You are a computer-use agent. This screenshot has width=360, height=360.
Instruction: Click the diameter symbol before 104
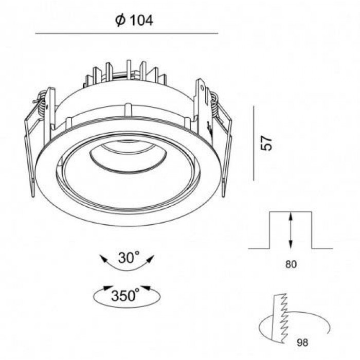(x=120, y=20)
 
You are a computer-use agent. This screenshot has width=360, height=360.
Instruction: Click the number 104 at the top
(x=141, y=20)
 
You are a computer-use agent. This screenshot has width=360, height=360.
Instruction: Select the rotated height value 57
(x=266, y=143)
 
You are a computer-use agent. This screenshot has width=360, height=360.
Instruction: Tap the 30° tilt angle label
(x=129, y=257)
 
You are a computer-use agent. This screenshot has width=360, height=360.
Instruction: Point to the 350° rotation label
(x=125, y=295)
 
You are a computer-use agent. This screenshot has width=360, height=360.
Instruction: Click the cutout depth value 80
(x=291, y=264)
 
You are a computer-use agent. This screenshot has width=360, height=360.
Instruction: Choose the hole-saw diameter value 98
(x=302, y=343)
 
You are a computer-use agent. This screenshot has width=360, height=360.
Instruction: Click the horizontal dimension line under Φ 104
(x=127, y=33)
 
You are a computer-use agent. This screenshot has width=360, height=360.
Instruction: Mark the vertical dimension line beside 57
(x=254, y=143)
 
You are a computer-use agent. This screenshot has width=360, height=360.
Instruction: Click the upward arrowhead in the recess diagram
(x=291, y=216)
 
